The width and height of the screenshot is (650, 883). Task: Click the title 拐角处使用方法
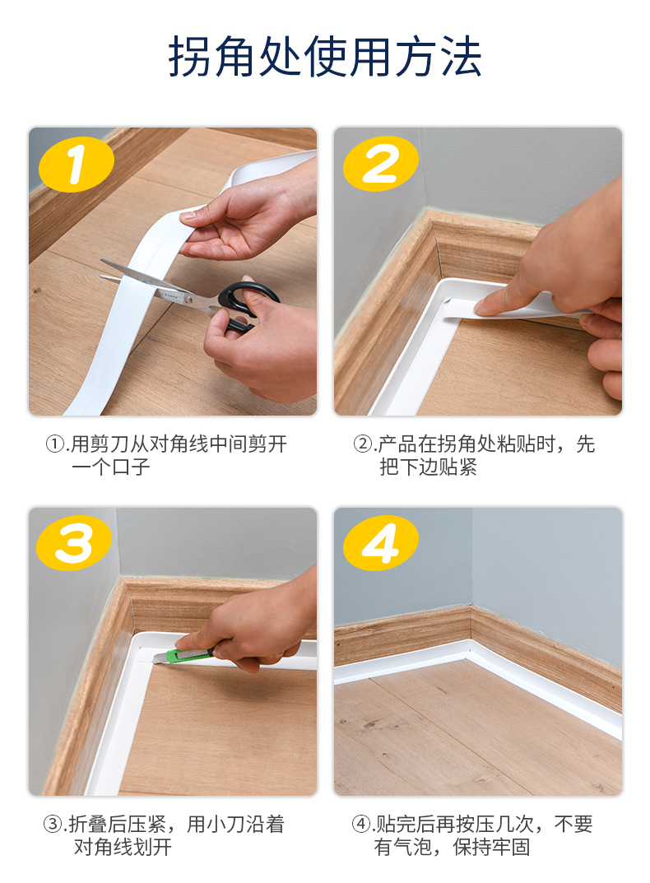coord(325,56)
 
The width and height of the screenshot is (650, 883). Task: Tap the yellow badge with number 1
coord(76,164)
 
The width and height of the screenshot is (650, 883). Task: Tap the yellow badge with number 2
coord(381,163)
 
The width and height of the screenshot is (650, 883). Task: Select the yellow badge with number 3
coord(74,543)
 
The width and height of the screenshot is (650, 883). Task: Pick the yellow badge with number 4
coord(381,543)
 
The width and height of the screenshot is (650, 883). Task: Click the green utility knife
coord(183,655)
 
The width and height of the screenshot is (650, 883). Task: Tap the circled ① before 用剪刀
coord(55,444)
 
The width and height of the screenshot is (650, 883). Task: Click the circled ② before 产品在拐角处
coord(362,444)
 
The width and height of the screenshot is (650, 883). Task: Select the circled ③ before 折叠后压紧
coord(53,825)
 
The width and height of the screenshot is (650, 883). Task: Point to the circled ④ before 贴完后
coord(360,825)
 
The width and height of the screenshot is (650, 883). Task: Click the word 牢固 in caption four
coord(511,847)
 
